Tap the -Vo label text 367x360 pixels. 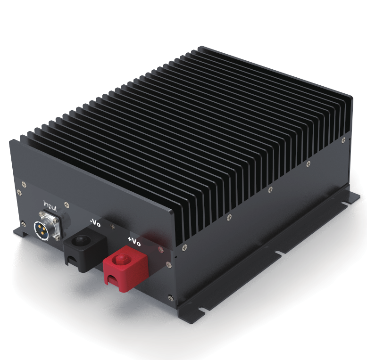tap(95, 223)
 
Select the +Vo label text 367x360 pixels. tap(134, 242)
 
